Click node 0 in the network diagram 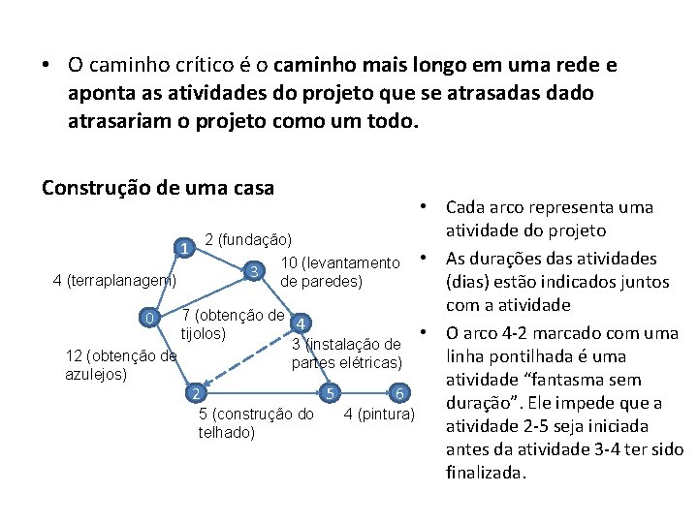coord(147,319)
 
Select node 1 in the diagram coord(183,248)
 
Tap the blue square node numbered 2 coord(196,393)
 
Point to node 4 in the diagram coord(301,323)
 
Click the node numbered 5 coord(331,393)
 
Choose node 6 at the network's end coord(398,393)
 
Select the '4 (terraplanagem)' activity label coord(114,281)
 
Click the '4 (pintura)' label coord(380,415)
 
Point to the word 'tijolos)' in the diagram coord(204,333)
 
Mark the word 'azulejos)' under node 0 coord(96,373)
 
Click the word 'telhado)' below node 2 coord(226,432)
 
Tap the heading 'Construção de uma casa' coord(158,187)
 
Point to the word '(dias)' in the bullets coord(469,282)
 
